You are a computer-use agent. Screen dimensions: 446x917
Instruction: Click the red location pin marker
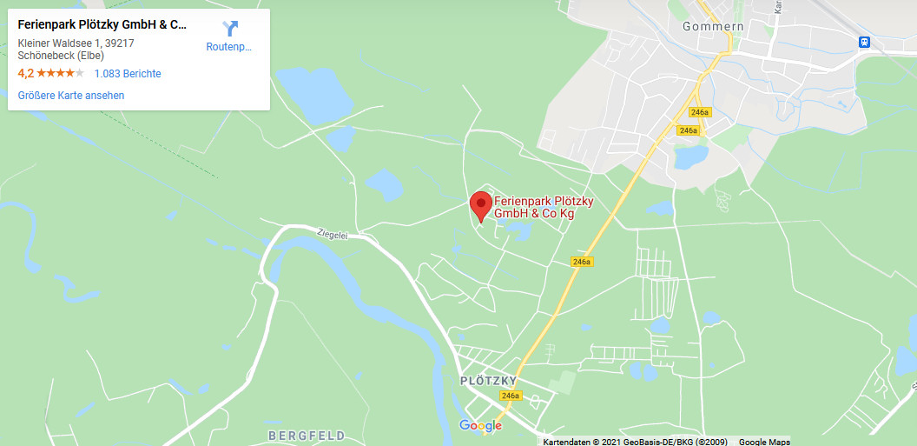pos(480,204)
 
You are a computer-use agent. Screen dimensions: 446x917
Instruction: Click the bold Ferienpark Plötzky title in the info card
pos(102,24)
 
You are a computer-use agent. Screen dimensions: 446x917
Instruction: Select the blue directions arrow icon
pos(229,29)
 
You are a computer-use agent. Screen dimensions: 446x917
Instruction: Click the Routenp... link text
pos(228,47)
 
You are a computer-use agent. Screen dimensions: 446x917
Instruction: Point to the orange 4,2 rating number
pos(25,74)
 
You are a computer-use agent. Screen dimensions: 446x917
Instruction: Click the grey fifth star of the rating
pos(79,74)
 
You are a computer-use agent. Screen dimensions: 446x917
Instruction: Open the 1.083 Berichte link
pos(127,74)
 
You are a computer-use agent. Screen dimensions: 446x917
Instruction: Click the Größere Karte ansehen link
pos(71,96)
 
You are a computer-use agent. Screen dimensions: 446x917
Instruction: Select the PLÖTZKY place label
pos(488,381)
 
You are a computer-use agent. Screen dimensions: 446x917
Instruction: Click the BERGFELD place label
pos(307,435)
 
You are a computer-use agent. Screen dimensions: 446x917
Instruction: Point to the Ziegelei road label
pos(333,235)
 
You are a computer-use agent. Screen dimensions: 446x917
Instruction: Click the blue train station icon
pos(864,42)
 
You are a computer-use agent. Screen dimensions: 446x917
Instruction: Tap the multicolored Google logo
pos(480,425)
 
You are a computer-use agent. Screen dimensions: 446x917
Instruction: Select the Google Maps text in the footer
pos(764,442)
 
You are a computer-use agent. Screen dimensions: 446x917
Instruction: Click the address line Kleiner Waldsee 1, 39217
pos(76,43)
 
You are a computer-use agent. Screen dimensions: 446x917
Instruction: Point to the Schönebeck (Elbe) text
pos(60,56)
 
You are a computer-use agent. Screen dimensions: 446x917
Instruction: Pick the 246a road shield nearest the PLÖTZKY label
pos(510,396)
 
